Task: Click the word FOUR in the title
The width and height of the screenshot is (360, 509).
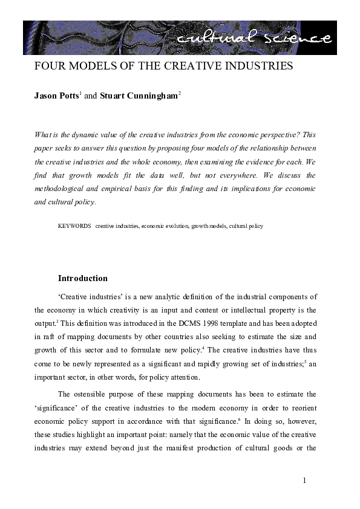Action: coord(48,66)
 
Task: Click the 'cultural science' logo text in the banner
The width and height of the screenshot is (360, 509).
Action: coord(255,38)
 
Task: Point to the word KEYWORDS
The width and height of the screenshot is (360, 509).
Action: coord(74,226)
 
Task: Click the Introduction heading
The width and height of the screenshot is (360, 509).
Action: coord(82,279)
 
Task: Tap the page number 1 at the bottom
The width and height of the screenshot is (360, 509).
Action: coord(305,480)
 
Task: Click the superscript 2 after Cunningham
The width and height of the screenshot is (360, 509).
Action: coord(180,94)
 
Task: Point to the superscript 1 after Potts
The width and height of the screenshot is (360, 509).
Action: coord(80,94)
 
